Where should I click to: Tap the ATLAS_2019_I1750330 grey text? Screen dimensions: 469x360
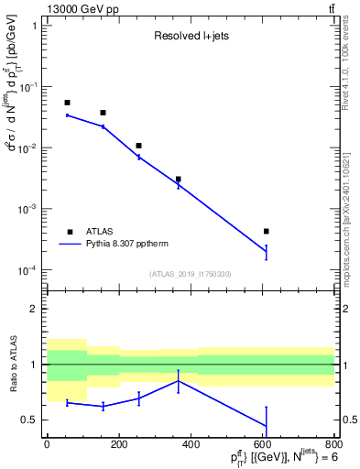189,274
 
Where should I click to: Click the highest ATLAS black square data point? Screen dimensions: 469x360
67,103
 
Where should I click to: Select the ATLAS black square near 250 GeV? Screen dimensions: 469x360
138,146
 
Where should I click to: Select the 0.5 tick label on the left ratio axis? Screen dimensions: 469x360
31,420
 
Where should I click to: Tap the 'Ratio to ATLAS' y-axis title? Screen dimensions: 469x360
13,365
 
